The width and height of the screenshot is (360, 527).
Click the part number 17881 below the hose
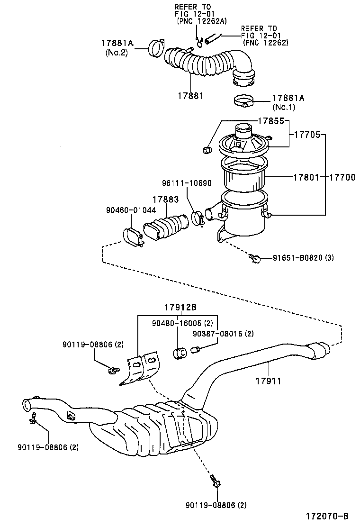click(191, 95)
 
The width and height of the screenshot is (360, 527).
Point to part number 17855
click(271, 121)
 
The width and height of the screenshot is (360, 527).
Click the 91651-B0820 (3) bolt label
click(303, 258)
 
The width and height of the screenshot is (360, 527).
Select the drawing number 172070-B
click(327, 516)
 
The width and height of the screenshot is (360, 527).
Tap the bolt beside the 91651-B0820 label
click(255, 258)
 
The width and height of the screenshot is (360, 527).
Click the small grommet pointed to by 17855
click(207, 151)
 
